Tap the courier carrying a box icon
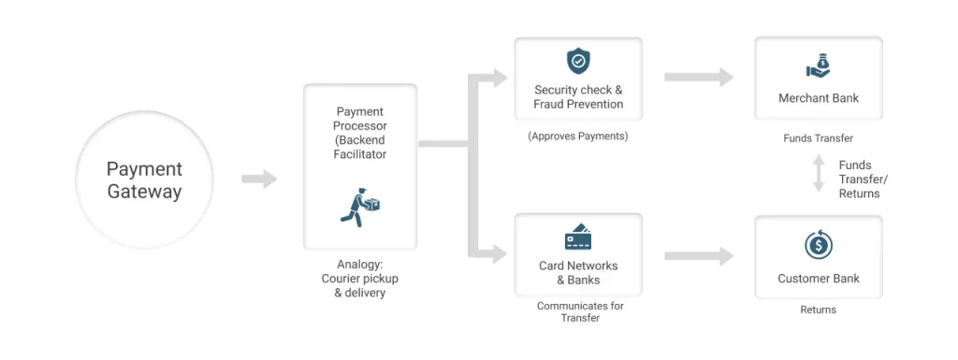[x=359, y=208]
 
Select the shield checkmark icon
[x=578, y=62]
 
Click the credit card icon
[x=578, y=238]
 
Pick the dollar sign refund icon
[x=818, y=245]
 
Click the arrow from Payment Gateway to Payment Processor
[x=259, y=179]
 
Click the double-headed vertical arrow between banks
[x=819, y=174]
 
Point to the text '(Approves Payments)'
[x=578, y=136]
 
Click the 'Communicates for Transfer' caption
[x=580, y=311]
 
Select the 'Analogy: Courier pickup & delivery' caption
[x=360, y=279]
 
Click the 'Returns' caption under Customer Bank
[x=818, y=310]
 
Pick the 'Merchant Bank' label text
[x=818, y=98]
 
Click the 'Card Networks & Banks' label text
[x=578, y=273]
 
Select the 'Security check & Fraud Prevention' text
[x=578, y=97]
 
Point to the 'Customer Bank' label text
[x=818, y=279]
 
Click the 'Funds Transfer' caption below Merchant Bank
[x=818, y=138]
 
